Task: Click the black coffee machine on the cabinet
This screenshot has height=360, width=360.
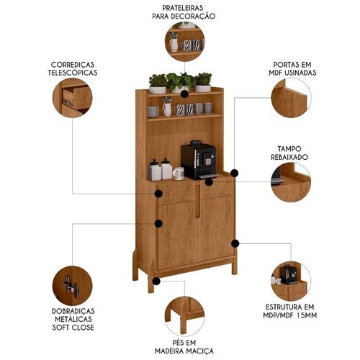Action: click(x=198, y=160)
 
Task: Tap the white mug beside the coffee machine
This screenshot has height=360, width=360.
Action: click(x=179, y=174)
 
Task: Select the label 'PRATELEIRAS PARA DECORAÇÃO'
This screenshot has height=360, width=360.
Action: click(x=184, y=12)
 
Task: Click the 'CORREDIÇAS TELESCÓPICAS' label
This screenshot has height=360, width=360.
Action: click(x=73, y=68)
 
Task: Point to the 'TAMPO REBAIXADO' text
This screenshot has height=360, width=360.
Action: click(x=289, y=153)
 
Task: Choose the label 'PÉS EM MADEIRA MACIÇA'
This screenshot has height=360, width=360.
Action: click(x=184, y=347)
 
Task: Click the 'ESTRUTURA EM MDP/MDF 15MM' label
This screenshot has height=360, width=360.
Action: click(x=290, y=311)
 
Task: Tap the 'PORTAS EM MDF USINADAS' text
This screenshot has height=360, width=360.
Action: click(x=292, y=68)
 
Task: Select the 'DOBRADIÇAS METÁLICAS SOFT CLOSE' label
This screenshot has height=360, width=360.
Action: click(x=73, y=319)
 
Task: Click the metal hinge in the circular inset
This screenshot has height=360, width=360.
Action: click(x=71, y=287)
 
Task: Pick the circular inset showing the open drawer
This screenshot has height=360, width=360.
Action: click(x=72, y=98)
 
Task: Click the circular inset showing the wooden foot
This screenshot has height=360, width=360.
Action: click(x=184, y=316)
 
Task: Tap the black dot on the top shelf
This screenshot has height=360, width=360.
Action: click(x=184, y=94)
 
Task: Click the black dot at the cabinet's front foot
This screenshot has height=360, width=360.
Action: click(x=156, y=281)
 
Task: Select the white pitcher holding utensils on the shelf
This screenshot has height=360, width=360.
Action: click(x=167, y=107)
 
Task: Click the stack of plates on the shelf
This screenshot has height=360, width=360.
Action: click(x=153, y=112)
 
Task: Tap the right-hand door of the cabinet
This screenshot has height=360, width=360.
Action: click(x=216, y=229)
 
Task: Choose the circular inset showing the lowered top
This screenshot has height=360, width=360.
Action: click(x=291, y=182)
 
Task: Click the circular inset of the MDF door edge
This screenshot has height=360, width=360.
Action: click(x=291, y=98)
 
